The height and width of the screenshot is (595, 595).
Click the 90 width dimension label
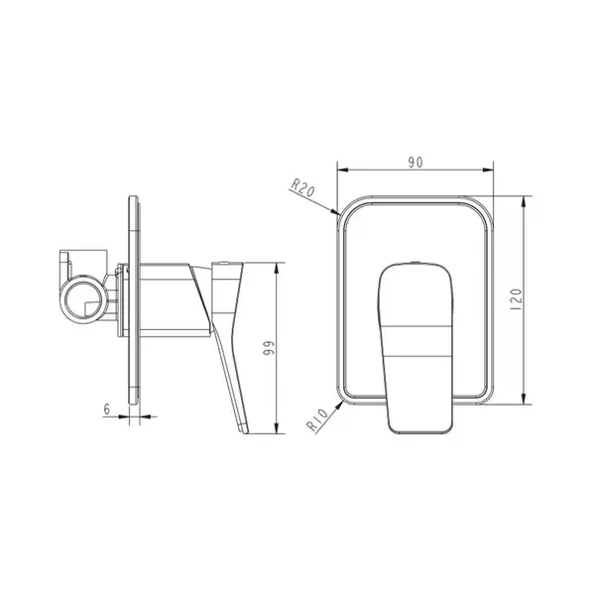tap(416, 163)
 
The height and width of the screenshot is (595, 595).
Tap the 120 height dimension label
tap(517, 299)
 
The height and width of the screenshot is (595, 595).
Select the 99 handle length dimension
tap(269, 348)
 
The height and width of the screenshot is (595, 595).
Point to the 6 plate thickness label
tap(107, 409)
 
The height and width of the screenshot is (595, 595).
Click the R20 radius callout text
tap(302, 187)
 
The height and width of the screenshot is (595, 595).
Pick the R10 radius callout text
tap(317, 420)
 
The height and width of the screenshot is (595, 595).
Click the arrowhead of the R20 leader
tap(334, 210)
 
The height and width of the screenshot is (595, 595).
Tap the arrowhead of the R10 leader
tap(339, 406)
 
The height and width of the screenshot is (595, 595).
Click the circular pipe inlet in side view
tap(84, 299)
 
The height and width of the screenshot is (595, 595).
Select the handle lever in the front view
tap(416, 347)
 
